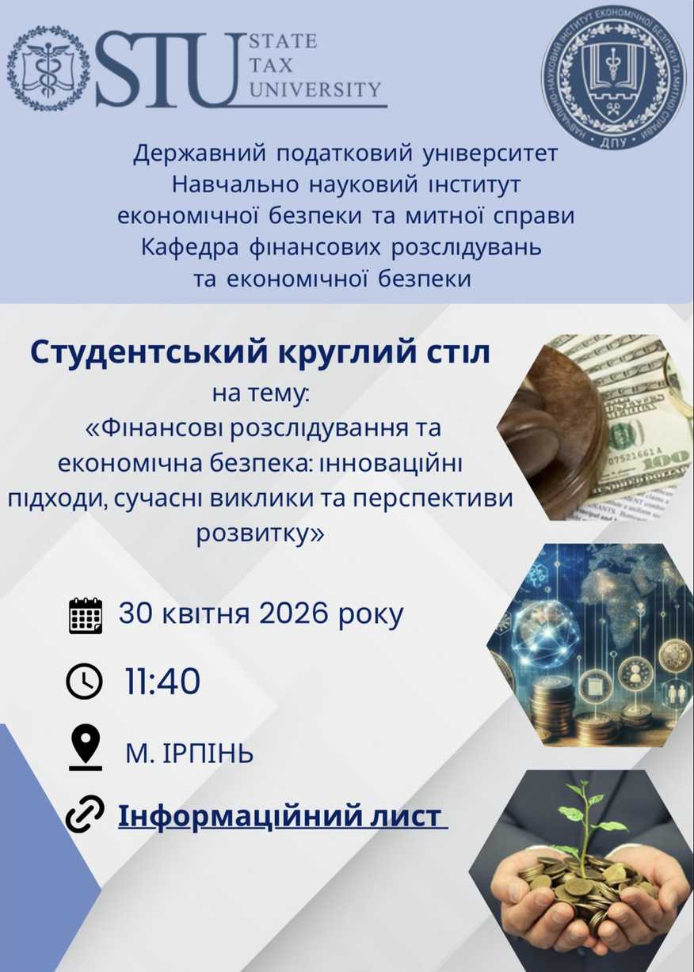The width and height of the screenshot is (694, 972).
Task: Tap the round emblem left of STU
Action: click(x=48, y=68)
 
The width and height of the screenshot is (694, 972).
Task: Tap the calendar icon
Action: click(x=86, y=616)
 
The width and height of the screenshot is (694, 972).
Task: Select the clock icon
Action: click(x=85, y=682)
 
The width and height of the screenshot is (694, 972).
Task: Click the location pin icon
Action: click(x=85, y=746)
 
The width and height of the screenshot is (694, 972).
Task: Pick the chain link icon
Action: click(x=85, y=816)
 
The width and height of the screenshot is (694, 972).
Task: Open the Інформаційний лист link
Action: click(x=282, y=816)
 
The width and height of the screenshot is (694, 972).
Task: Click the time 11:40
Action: click(x=162, y=682)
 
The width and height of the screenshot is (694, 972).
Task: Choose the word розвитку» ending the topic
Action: click(x=261, y=533)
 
